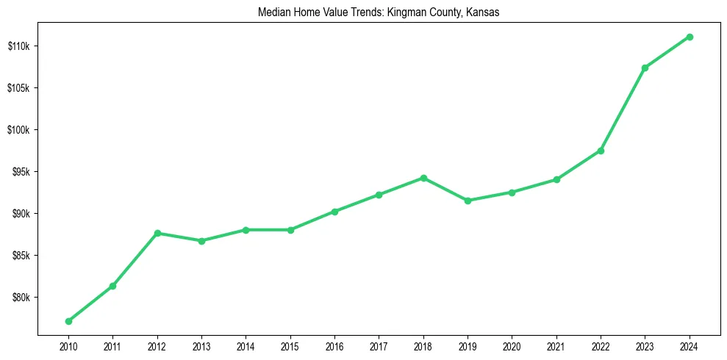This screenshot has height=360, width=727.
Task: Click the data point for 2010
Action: [x=68, y=321]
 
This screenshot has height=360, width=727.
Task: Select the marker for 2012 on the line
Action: [x=157, y=233]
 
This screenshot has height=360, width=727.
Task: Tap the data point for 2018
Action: [x=423, y=178]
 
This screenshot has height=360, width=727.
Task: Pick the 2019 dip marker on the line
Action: [x=468, y=201]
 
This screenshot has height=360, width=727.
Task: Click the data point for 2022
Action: [x=601, y=151]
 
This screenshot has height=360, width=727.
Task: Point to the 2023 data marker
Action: [x=645, y=68]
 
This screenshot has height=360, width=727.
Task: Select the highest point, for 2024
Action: [x=690, y=37]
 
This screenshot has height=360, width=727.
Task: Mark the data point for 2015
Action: [x=290, y=230]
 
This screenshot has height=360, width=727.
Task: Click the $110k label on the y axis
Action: [x=18, y=46]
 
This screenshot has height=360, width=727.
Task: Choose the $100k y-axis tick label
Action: [x=18, y=130]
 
